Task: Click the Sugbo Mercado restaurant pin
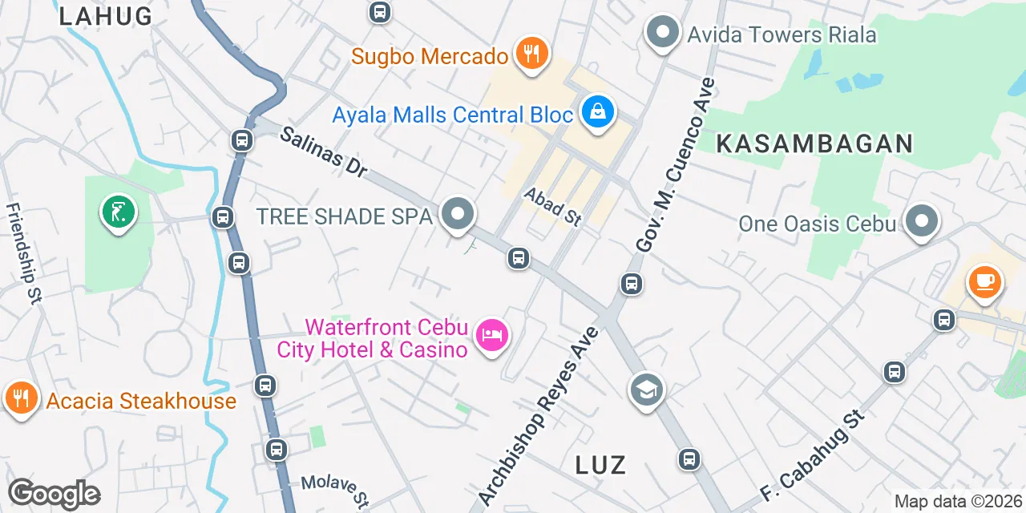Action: click(530, 55)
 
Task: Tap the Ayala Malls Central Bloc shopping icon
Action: click(597, 113)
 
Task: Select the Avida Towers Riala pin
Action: click(662, 34)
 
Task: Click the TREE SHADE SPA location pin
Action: click(458, 215)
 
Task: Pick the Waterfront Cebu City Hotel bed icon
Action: click(491, 334)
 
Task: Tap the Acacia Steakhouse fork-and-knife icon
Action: click(21, 399)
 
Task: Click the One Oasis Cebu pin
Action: click(922, 221)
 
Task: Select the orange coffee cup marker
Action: click(983, 282)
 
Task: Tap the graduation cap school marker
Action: click(646, 390)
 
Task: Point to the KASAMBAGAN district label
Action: click(814, 143)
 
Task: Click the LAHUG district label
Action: click(105, 16)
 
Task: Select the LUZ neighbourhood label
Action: click(600, 465)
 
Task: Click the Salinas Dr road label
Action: click(322, 151)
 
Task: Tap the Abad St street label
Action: click(552, 207)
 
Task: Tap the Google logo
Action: click(54, 494)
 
